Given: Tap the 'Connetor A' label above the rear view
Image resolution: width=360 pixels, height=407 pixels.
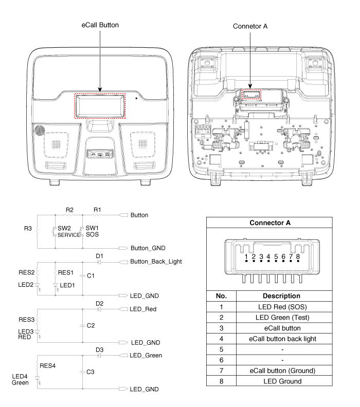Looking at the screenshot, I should pyautogui.click(x=250, y=26).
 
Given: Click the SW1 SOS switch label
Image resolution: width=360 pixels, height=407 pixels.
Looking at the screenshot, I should pyautogui.click(x=92, y=231).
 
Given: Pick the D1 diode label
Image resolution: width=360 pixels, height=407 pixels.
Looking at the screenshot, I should pyautogui.click(x=100, y=255).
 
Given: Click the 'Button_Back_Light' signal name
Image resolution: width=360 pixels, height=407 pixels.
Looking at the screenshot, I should pyautogui.click(x=156, y=262).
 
